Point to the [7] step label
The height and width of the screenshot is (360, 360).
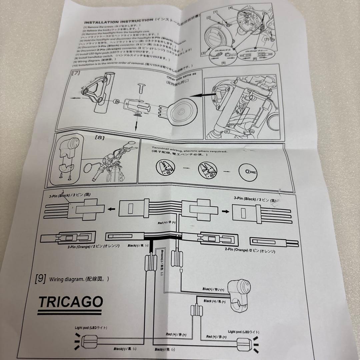tap(76, 73)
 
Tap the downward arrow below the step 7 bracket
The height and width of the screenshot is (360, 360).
tap(136, 126)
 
